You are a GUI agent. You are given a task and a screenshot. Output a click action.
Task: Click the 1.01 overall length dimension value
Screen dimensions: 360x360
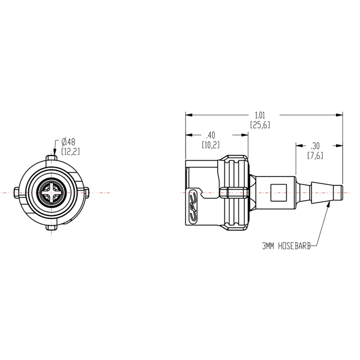click(x=260, y=115)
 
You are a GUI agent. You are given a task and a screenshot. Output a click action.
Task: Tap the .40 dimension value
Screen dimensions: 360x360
click(x=210, y=135)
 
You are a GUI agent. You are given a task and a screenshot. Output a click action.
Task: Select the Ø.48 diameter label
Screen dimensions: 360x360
click(x=71, y=142)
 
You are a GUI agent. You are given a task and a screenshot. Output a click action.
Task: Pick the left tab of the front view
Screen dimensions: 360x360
click(x=18, y=192)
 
